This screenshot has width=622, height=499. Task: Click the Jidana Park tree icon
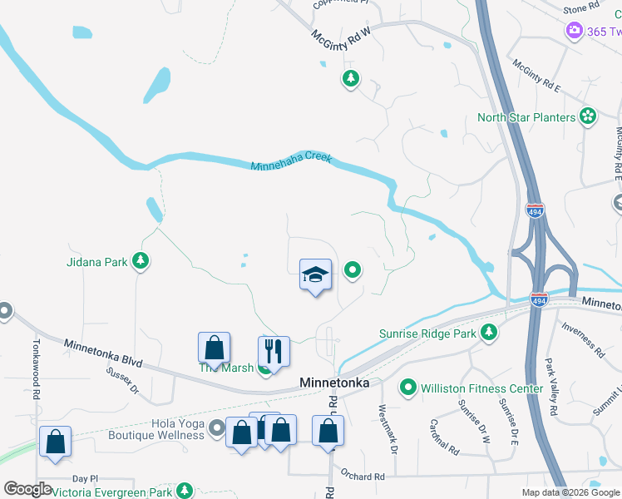(141, 262)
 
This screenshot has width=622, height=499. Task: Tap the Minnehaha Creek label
(291, 162)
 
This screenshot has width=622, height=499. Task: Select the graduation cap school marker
(316, 274)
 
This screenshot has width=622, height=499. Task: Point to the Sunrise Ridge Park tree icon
(490, 333)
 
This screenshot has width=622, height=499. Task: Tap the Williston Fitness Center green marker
(408, 388)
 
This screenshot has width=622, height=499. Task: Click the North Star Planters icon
(589, 117)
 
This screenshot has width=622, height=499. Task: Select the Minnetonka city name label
(333, 382)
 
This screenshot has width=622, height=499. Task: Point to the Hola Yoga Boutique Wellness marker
(217, 428)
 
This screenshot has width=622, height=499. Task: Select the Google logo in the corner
(27, 489)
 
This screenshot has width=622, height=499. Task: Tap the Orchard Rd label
(362, 477)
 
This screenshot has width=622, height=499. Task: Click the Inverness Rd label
(579, 338)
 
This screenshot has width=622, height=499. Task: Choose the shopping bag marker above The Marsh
(214, 348)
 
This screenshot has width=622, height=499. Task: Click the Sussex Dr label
(121, 380)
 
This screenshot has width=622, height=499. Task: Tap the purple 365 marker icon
(575, 32)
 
